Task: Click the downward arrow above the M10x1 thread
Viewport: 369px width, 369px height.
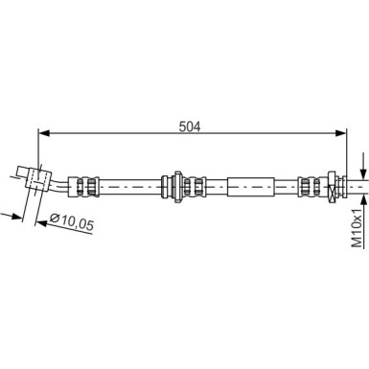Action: (x=363, y=166)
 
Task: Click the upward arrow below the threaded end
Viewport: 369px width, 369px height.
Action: (x=363, y=196)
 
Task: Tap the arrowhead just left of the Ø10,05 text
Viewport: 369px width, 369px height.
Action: (x=40, y=219)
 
